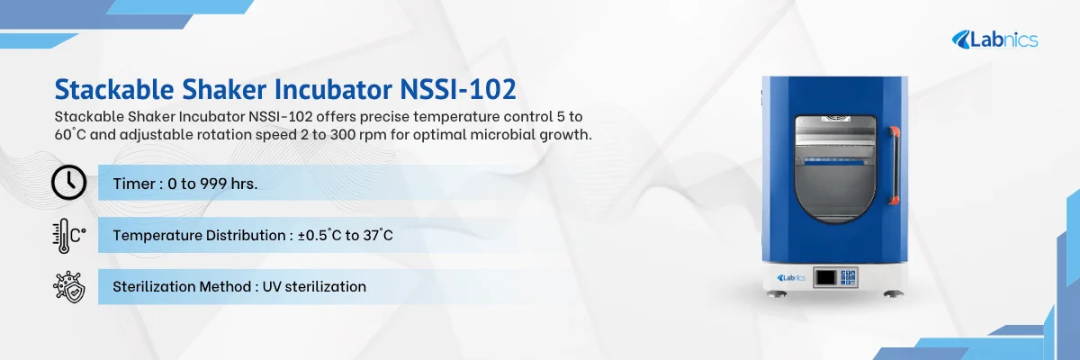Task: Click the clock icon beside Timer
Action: click(x=69, y=183)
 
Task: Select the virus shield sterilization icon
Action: click(x=68, y=286)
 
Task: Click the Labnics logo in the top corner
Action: click(x=995, y=39)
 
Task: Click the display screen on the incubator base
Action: click(x=825, y=277)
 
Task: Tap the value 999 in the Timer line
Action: click(x=211, y=184)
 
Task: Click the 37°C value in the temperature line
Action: click(x=377, y=236)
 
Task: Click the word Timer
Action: click(x=133, y=184)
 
